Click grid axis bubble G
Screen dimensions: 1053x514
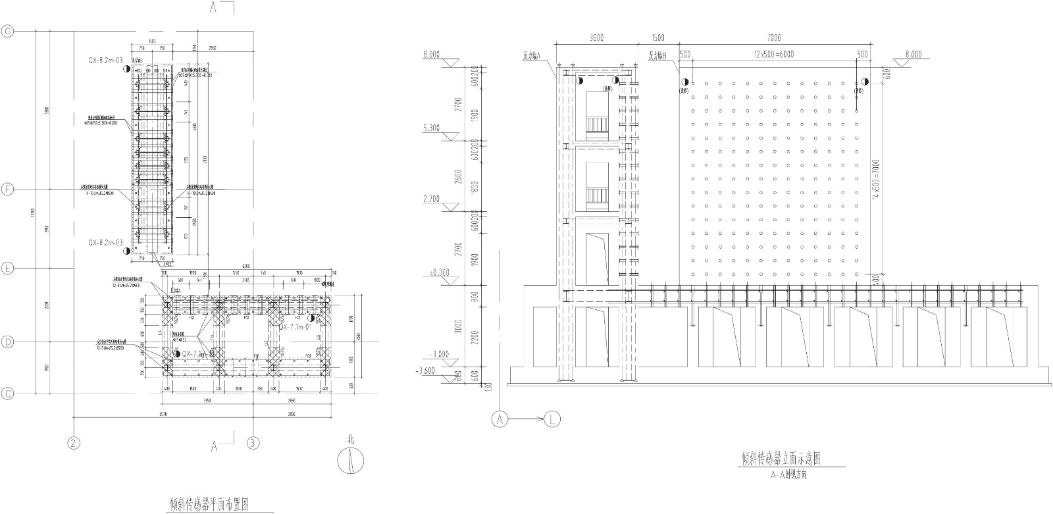pos(9,31)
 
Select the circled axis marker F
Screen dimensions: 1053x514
pos(9,190)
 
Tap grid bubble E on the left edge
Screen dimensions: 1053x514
pos(9,269)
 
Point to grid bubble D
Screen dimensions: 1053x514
pos(9,342)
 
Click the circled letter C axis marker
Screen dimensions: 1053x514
pos(9,394)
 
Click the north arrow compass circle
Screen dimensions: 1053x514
pos(351,461)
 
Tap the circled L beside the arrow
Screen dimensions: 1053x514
pos(552,419)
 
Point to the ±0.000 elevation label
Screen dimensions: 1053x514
pos(434,272)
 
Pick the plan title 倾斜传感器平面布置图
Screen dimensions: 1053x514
pos(213,504)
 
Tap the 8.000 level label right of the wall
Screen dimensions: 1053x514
pos(914,54)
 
